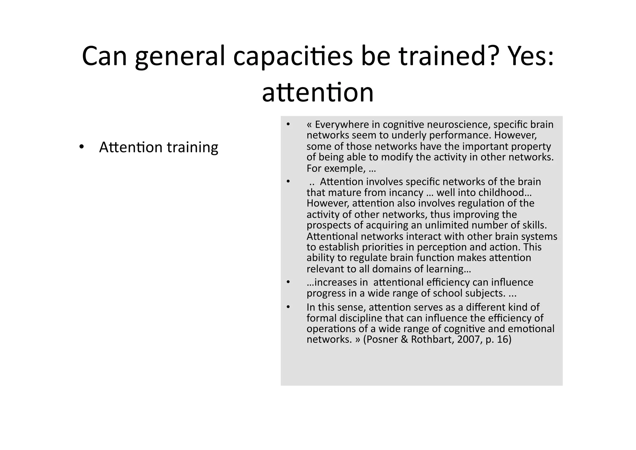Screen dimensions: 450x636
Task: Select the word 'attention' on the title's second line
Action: point(318,92)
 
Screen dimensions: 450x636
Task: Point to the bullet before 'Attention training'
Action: point(82,147)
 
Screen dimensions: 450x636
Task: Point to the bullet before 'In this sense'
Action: point(288,307)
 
